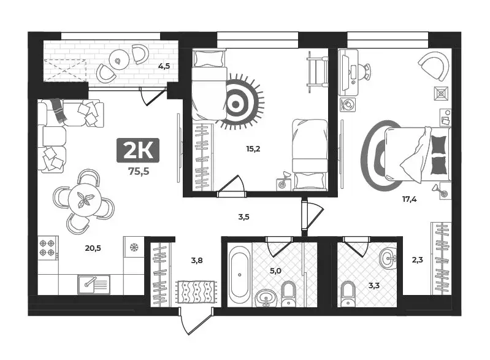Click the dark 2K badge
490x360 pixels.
click(x=138, y=150)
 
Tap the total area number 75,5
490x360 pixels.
click(x=138, y=171)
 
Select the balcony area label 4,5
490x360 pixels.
click(x=164, y=67)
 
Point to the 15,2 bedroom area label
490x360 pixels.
click(x=253, y=148)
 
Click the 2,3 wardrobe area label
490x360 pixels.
click(x=416, y=259)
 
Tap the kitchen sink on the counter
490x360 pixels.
click(x=93, y=283)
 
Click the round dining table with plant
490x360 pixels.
click(x=84, y=201)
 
